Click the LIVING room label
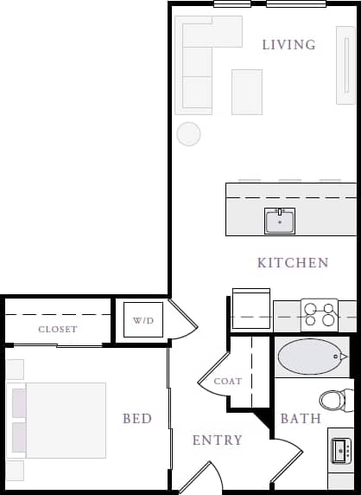pyautogui.click(x=288, y=45)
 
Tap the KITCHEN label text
pyautogui.click(x=293, y=262)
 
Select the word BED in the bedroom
pyautogui.click(x=137, y=419)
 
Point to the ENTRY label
pyautogui.click(x=218, y=440)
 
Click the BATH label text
pyautogui.click(x=301, y=419)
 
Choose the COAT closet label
pyautogui.click(x=228, y=381)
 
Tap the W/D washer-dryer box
pyautogui.click(x=142, y=321)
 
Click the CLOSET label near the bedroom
pyautogui.click(x=58, y=329)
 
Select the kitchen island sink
pyautogui.click(x=280, y=222)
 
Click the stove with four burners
pyautogui.click(x=318, y=312)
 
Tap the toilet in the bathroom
pyautogui.click(x=333, y=400)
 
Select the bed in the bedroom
pyautogui.click(x=59, y=420)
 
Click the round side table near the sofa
pyautogui.click(x=188, y=133)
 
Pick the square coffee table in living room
pyautogui.click(x=247, y=91)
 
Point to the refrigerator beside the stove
pyautogui.click(x=251, y=310)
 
